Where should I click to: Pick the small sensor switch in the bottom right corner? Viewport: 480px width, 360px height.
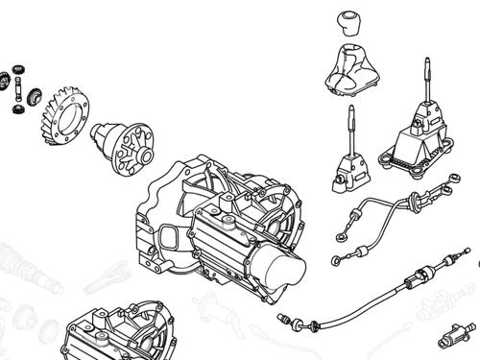pyautogui.click(x=451, y=339)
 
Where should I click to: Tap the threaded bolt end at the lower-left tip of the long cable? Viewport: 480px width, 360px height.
pyautogui.click(x=285, y=317)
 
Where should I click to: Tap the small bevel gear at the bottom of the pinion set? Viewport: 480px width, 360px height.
pyautogui.click(x=17, y=108)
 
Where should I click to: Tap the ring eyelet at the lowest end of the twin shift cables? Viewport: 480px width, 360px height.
pyautogui.click(x=335, y=260)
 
